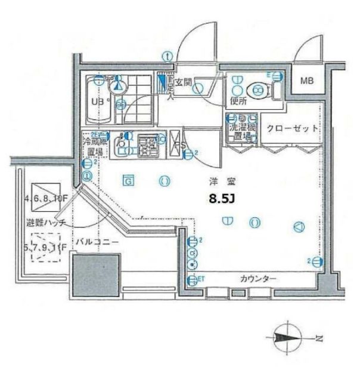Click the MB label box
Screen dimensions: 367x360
(x=306, y=81)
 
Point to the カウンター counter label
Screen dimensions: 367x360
(x=258, y=279)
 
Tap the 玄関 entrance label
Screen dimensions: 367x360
(x=182, y=83)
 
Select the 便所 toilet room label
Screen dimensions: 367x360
(x=239, y=101)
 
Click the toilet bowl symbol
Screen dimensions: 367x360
(x=258, y=90)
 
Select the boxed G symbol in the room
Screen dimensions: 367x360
(x=126, y=179)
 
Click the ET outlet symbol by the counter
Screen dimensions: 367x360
(x=193, y=280)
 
